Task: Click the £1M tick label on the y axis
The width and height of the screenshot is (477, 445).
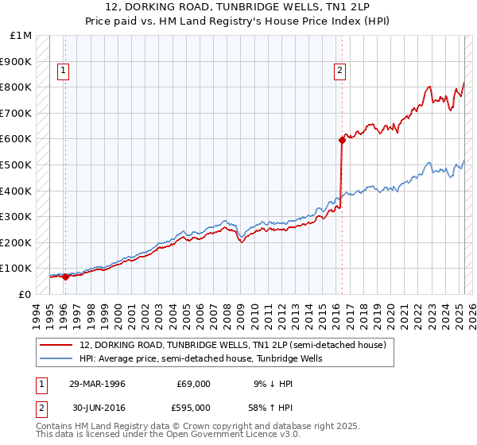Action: (x=21, y=35)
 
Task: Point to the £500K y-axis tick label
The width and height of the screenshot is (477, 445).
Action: (x=17, y=164)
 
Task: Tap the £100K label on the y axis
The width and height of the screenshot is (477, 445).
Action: (x=17, y=269)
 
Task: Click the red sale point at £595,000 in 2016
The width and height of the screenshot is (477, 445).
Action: (x=342, y=140)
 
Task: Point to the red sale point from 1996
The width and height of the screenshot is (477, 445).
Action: (x=65, y=277)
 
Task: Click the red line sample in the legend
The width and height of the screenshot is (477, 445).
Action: (x=56, y=345)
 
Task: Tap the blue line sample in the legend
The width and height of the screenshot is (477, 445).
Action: (x=56, y=358)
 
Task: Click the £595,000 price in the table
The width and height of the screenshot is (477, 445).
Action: (x=194, y=408)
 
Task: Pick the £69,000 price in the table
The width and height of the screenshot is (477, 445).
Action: (x=194, y=384)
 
